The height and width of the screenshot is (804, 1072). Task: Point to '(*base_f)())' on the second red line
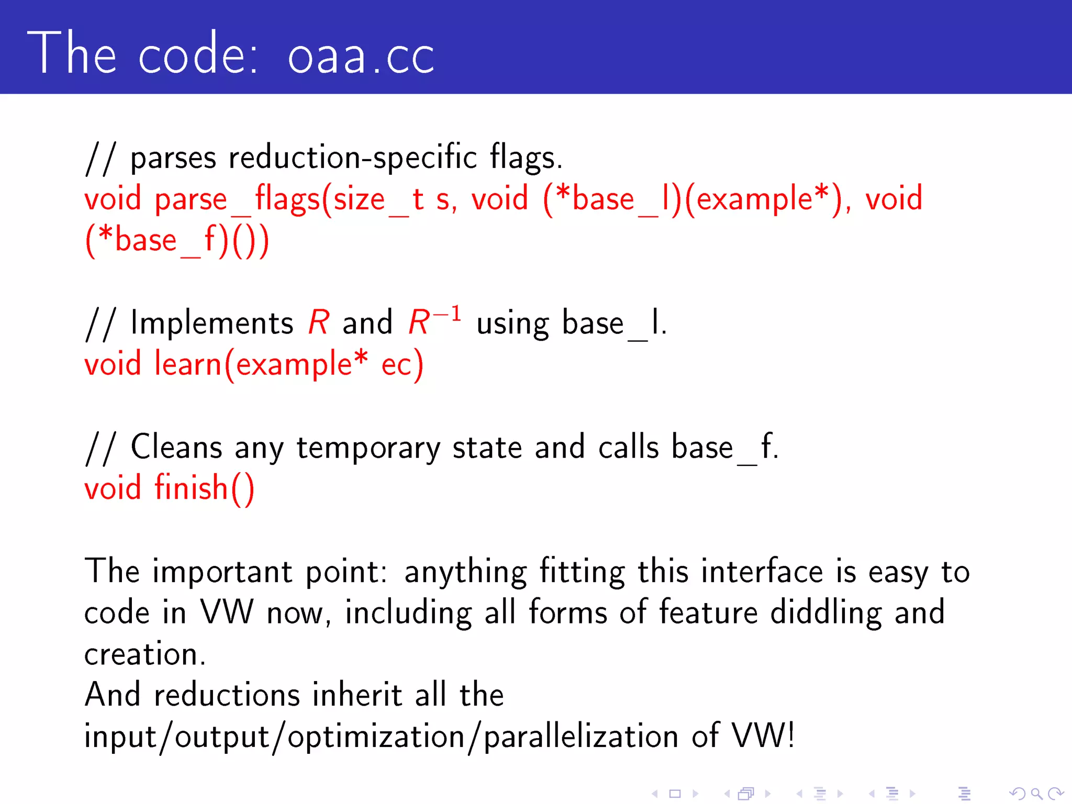tap(177, 241)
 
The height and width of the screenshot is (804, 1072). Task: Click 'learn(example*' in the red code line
tap(261, 364)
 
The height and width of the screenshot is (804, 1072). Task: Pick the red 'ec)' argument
tap(402, 364)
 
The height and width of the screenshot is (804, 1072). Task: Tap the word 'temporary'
tap(368, 449)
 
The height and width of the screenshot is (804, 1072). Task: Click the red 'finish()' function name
tap(204, 488)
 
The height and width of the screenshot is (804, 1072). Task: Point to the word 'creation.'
tap(145, 654)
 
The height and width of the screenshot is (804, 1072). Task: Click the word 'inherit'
tap(357, 695)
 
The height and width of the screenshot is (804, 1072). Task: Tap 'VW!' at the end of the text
tap(763, 736)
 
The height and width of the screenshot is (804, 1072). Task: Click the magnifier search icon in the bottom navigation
tap(1036, 794)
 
